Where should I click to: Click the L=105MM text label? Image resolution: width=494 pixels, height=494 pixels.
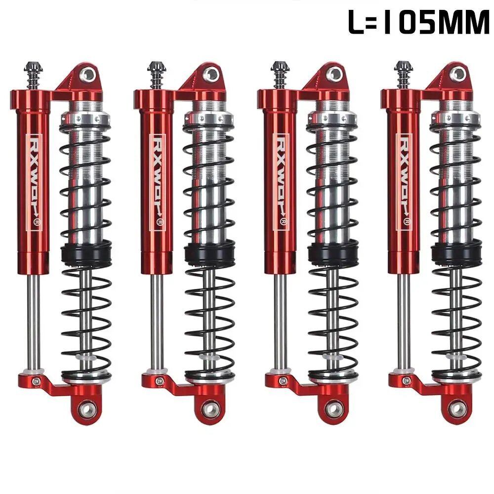click(x=419, y=22)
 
